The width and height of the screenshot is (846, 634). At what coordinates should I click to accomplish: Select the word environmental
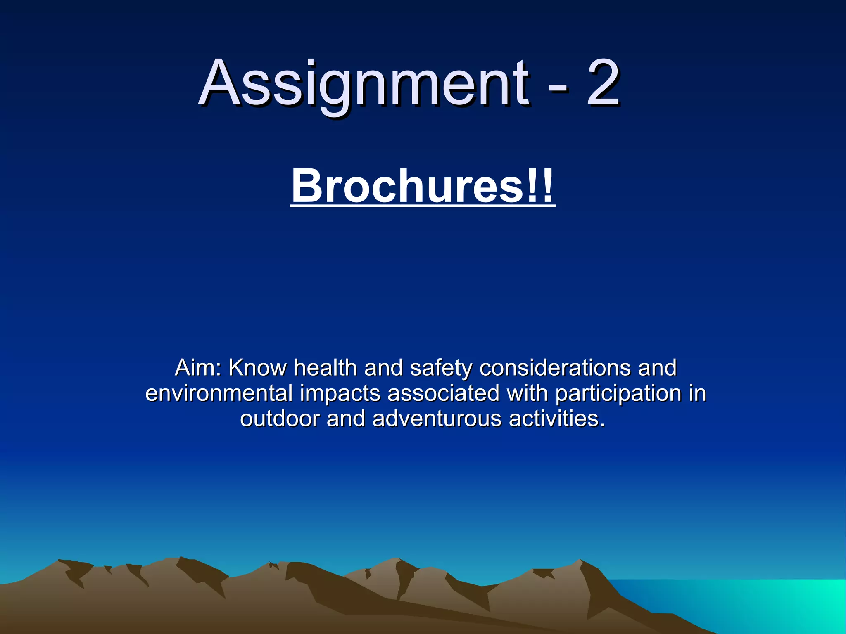point(219,393)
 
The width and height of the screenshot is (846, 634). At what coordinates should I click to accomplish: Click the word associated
point(444,393)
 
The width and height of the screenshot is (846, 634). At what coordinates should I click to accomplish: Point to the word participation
point(618,394)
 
